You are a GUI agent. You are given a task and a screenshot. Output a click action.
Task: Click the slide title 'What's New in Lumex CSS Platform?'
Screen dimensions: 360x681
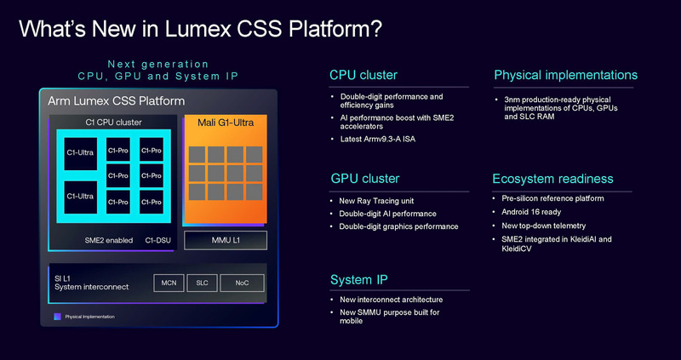click(x=200, y=28)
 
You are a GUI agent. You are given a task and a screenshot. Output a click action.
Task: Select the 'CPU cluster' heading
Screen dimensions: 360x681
click(x=364, y=76)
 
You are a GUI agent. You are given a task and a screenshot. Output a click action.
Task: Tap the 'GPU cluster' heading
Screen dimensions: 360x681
click(x=365, y=179)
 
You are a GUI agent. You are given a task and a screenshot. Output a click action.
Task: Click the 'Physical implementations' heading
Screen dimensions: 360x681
click(x=565, y=76)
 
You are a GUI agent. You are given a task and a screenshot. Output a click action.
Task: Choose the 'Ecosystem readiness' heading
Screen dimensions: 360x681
click(x=552, y=179)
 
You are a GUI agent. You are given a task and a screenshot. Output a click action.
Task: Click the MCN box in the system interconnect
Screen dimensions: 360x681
click(x=170, y=283)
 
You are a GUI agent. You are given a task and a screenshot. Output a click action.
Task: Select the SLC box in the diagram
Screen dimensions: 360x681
click(x=202, y=283)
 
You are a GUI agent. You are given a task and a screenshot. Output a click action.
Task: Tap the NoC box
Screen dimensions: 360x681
click(x=242, y=283)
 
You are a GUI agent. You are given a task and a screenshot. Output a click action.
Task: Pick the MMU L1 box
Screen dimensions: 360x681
click(x=226, y=240)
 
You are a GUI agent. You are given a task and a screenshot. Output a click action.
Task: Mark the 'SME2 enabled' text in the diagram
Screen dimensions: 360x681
click(x=108, y=240)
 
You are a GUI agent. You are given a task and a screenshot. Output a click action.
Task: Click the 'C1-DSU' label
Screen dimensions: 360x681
click(x=159, y=240)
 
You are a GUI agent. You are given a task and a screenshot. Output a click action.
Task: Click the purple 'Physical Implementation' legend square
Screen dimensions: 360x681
click(x=57, y=316)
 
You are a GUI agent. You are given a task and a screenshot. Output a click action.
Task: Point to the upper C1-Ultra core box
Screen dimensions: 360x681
click(x=81, y=153)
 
